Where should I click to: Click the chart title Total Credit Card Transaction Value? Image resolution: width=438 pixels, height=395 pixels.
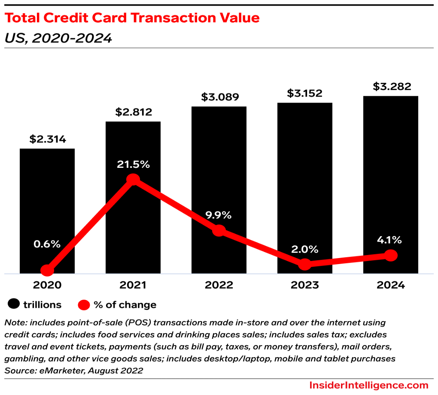[132, 18]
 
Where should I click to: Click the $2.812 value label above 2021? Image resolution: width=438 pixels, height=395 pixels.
[134, 112]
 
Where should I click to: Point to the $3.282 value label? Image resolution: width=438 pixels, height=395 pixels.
[391, 86]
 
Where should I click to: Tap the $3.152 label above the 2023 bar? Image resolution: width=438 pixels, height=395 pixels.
[304, 93]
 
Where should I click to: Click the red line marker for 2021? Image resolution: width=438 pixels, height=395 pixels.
[134, 179]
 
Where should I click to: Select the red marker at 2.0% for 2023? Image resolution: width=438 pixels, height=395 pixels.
[304, 264]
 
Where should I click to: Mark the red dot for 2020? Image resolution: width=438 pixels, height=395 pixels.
[47, 270]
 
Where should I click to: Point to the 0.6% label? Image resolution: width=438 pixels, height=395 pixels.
[47, 244]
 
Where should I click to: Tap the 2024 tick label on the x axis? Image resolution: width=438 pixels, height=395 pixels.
[391, 285]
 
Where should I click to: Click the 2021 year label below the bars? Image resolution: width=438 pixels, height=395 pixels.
[134, 285]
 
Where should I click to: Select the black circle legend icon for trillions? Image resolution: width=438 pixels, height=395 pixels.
[14, 305]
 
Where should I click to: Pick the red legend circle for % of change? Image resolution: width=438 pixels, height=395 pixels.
[84, 305]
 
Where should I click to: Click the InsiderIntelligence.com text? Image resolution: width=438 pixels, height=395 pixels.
[369, 385]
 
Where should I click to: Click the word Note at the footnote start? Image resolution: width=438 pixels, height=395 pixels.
[14, 322]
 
